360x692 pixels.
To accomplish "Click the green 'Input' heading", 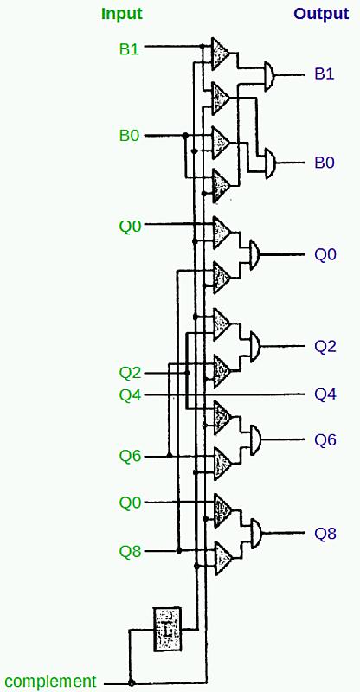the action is (122, 14).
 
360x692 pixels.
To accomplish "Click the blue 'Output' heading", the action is (322, 14).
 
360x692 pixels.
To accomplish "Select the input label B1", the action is (130, 48).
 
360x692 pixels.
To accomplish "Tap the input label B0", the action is (130, 136).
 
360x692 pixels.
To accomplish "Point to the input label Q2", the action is (130, 374).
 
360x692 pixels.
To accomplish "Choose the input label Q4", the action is (130, 395).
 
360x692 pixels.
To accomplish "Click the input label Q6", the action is (130, 456).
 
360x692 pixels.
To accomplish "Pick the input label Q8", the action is (130, 551).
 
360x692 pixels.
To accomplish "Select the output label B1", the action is (325, 74).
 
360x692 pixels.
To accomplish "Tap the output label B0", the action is (325, 163).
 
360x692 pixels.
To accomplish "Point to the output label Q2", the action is (325, 347).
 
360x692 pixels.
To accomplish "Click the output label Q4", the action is (325, 394).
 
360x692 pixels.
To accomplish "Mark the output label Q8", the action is (325, 534).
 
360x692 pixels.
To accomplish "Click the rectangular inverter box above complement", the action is (167, 629).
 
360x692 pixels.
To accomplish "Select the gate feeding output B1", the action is (269, 76).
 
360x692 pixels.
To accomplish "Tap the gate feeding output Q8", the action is (256, 533).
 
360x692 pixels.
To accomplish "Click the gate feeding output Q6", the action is (255, 439).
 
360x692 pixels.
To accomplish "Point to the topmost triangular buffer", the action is (220, 54).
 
